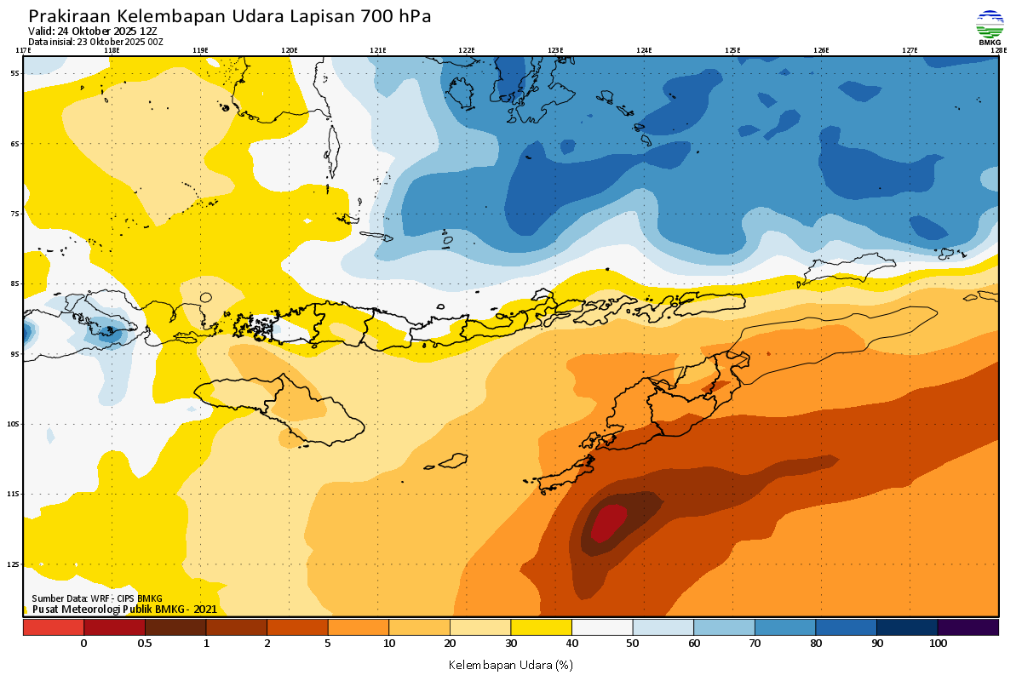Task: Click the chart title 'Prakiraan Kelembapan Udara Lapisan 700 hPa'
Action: coord(230,16)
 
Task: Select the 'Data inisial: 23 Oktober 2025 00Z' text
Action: coord(95,42)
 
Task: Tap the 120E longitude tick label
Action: coord(290,50)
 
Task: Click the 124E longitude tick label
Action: coord(644,50)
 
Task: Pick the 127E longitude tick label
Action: coord(910,50)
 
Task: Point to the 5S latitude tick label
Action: coord(15,73)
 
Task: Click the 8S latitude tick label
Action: coord(15,283)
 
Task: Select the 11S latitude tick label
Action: coord(15,494)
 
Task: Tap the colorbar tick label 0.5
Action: coord(145,644)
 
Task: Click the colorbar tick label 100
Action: coord(938,644)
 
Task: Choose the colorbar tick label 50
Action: coord(633,644)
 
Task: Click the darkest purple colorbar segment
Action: coord(967,627)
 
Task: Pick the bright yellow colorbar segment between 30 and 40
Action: coord(541,627)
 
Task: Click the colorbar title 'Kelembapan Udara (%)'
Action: coord(510,664)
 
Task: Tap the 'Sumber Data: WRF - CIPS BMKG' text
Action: coord(96,598)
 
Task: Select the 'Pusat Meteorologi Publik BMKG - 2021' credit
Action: coord(124,609)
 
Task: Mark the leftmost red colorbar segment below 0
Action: coord(53,627)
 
